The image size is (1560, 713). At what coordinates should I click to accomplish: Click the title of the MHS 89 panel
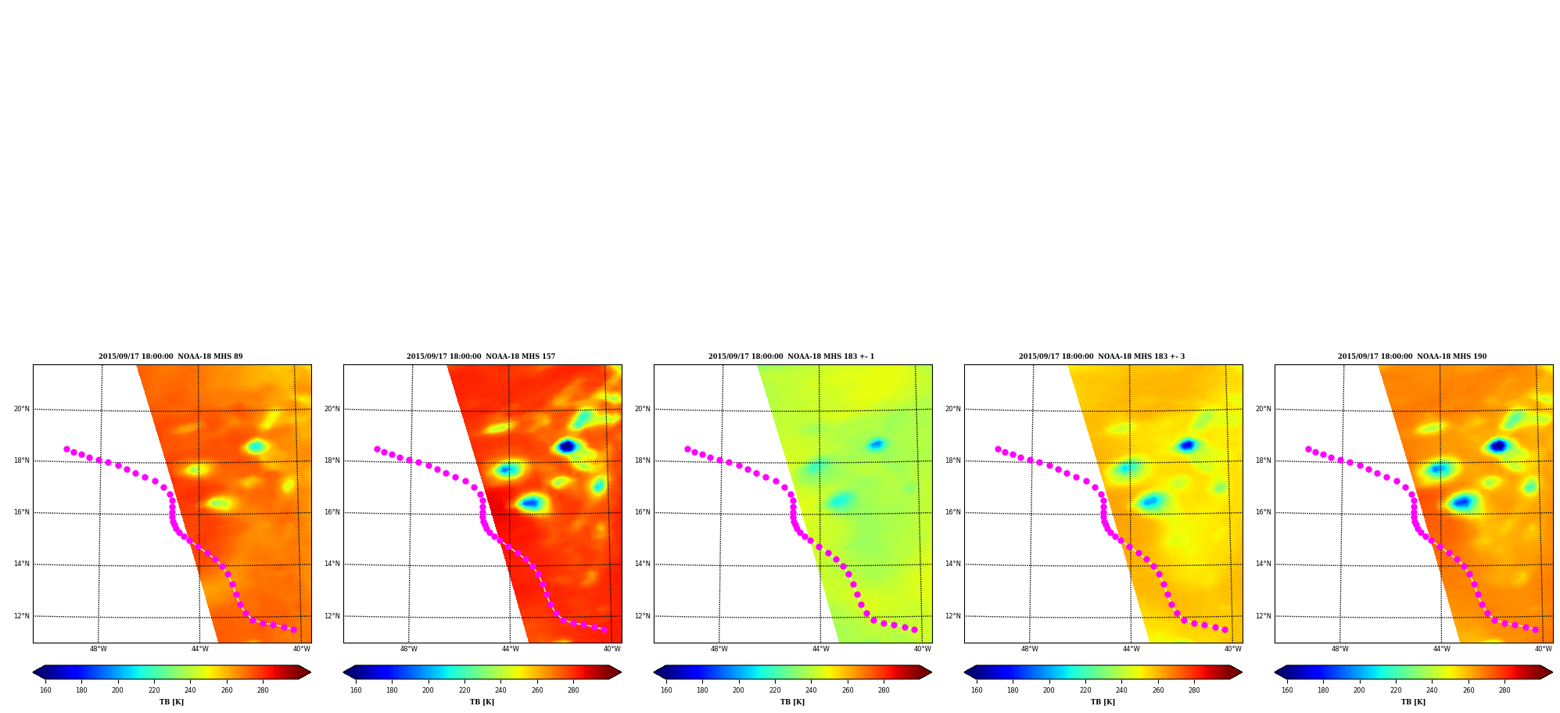(170, 356)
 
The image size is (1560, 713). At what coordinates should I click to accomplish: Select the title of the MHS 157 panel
(481, 356)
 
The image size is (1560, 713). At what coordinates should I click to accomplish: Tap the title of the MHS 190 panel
(1412, 356)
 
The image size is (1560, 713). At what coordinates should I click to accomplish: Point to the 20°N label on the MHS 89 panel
(21, 409)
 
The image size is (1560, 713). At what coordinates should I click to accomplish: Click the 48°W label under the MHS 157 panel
(409, 649)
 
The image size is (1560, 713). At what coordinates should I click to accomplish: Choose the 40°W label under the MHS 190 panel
(1543, 649)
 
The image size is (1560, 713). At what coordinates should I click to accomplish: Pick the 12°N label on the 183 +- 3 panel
(952, 616)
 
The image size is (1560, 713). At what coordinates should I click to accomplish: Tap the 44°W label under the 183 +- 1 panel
(821, 649)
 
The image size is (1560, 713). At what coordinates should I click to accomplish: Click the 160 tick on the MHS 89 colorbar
(45, 690)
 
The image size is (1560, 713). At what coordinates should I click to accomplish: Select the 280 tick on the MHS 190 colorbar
(1504, 690)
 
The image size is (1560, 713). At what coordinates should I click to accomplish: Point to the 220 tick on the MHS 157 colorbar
(464, 690)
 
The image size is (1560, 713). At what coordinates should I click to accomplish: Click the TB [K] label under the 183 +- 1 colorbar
(792, 702)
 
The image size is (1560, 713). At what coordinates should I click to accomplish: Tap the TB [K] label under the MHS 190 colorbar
(1413, 702)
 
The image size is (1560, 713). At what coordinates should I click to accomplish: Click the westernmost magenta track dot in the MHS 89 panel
(66, 449)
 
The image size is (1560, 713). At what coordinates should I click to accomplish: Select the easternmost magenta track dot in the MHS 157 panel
(604, 629)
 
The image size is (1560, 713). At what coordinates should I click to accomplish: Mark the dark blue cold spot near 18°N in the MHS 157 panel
(567, 446)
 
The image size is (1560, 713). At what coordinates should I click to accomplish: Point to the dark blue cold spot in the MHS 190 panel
(1498, 446)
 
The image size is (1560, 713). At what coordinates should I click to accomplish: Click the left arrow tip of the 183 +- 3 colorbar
(964, 672)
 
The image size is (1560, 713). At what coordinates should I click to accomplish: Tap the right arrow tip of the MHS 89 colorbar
(310, 672)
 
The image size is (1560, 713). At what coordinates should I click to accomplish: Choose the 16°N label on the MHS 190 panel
(1263, 513)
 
